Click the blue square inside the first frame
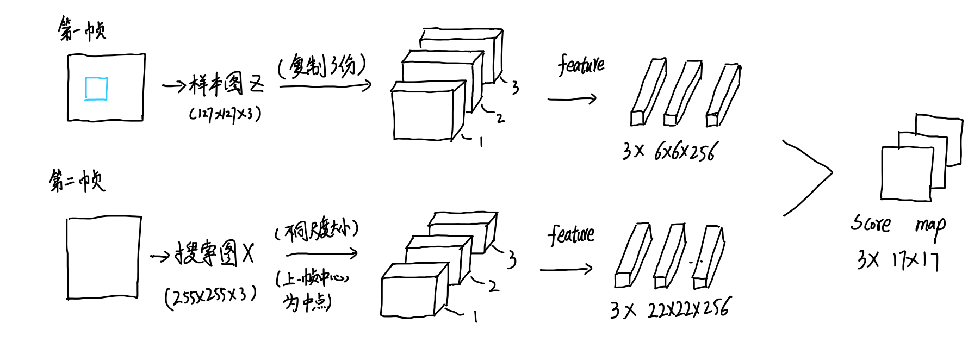96,89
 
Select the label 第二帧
77,180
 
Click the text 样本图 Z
226,85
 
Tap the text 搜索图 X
214,253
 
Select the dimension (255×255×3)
210,296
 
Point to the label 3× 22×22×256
670,309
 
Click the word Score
870,223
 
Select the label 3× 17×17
897,260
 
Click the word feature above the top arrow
581,65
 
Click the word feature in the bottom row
570,234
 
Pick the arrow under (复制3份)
325,85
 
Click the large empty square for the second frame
103,258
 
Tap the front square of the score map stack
906,173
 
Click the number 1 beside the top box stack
481,142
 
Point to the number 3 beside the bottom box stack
511,259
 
